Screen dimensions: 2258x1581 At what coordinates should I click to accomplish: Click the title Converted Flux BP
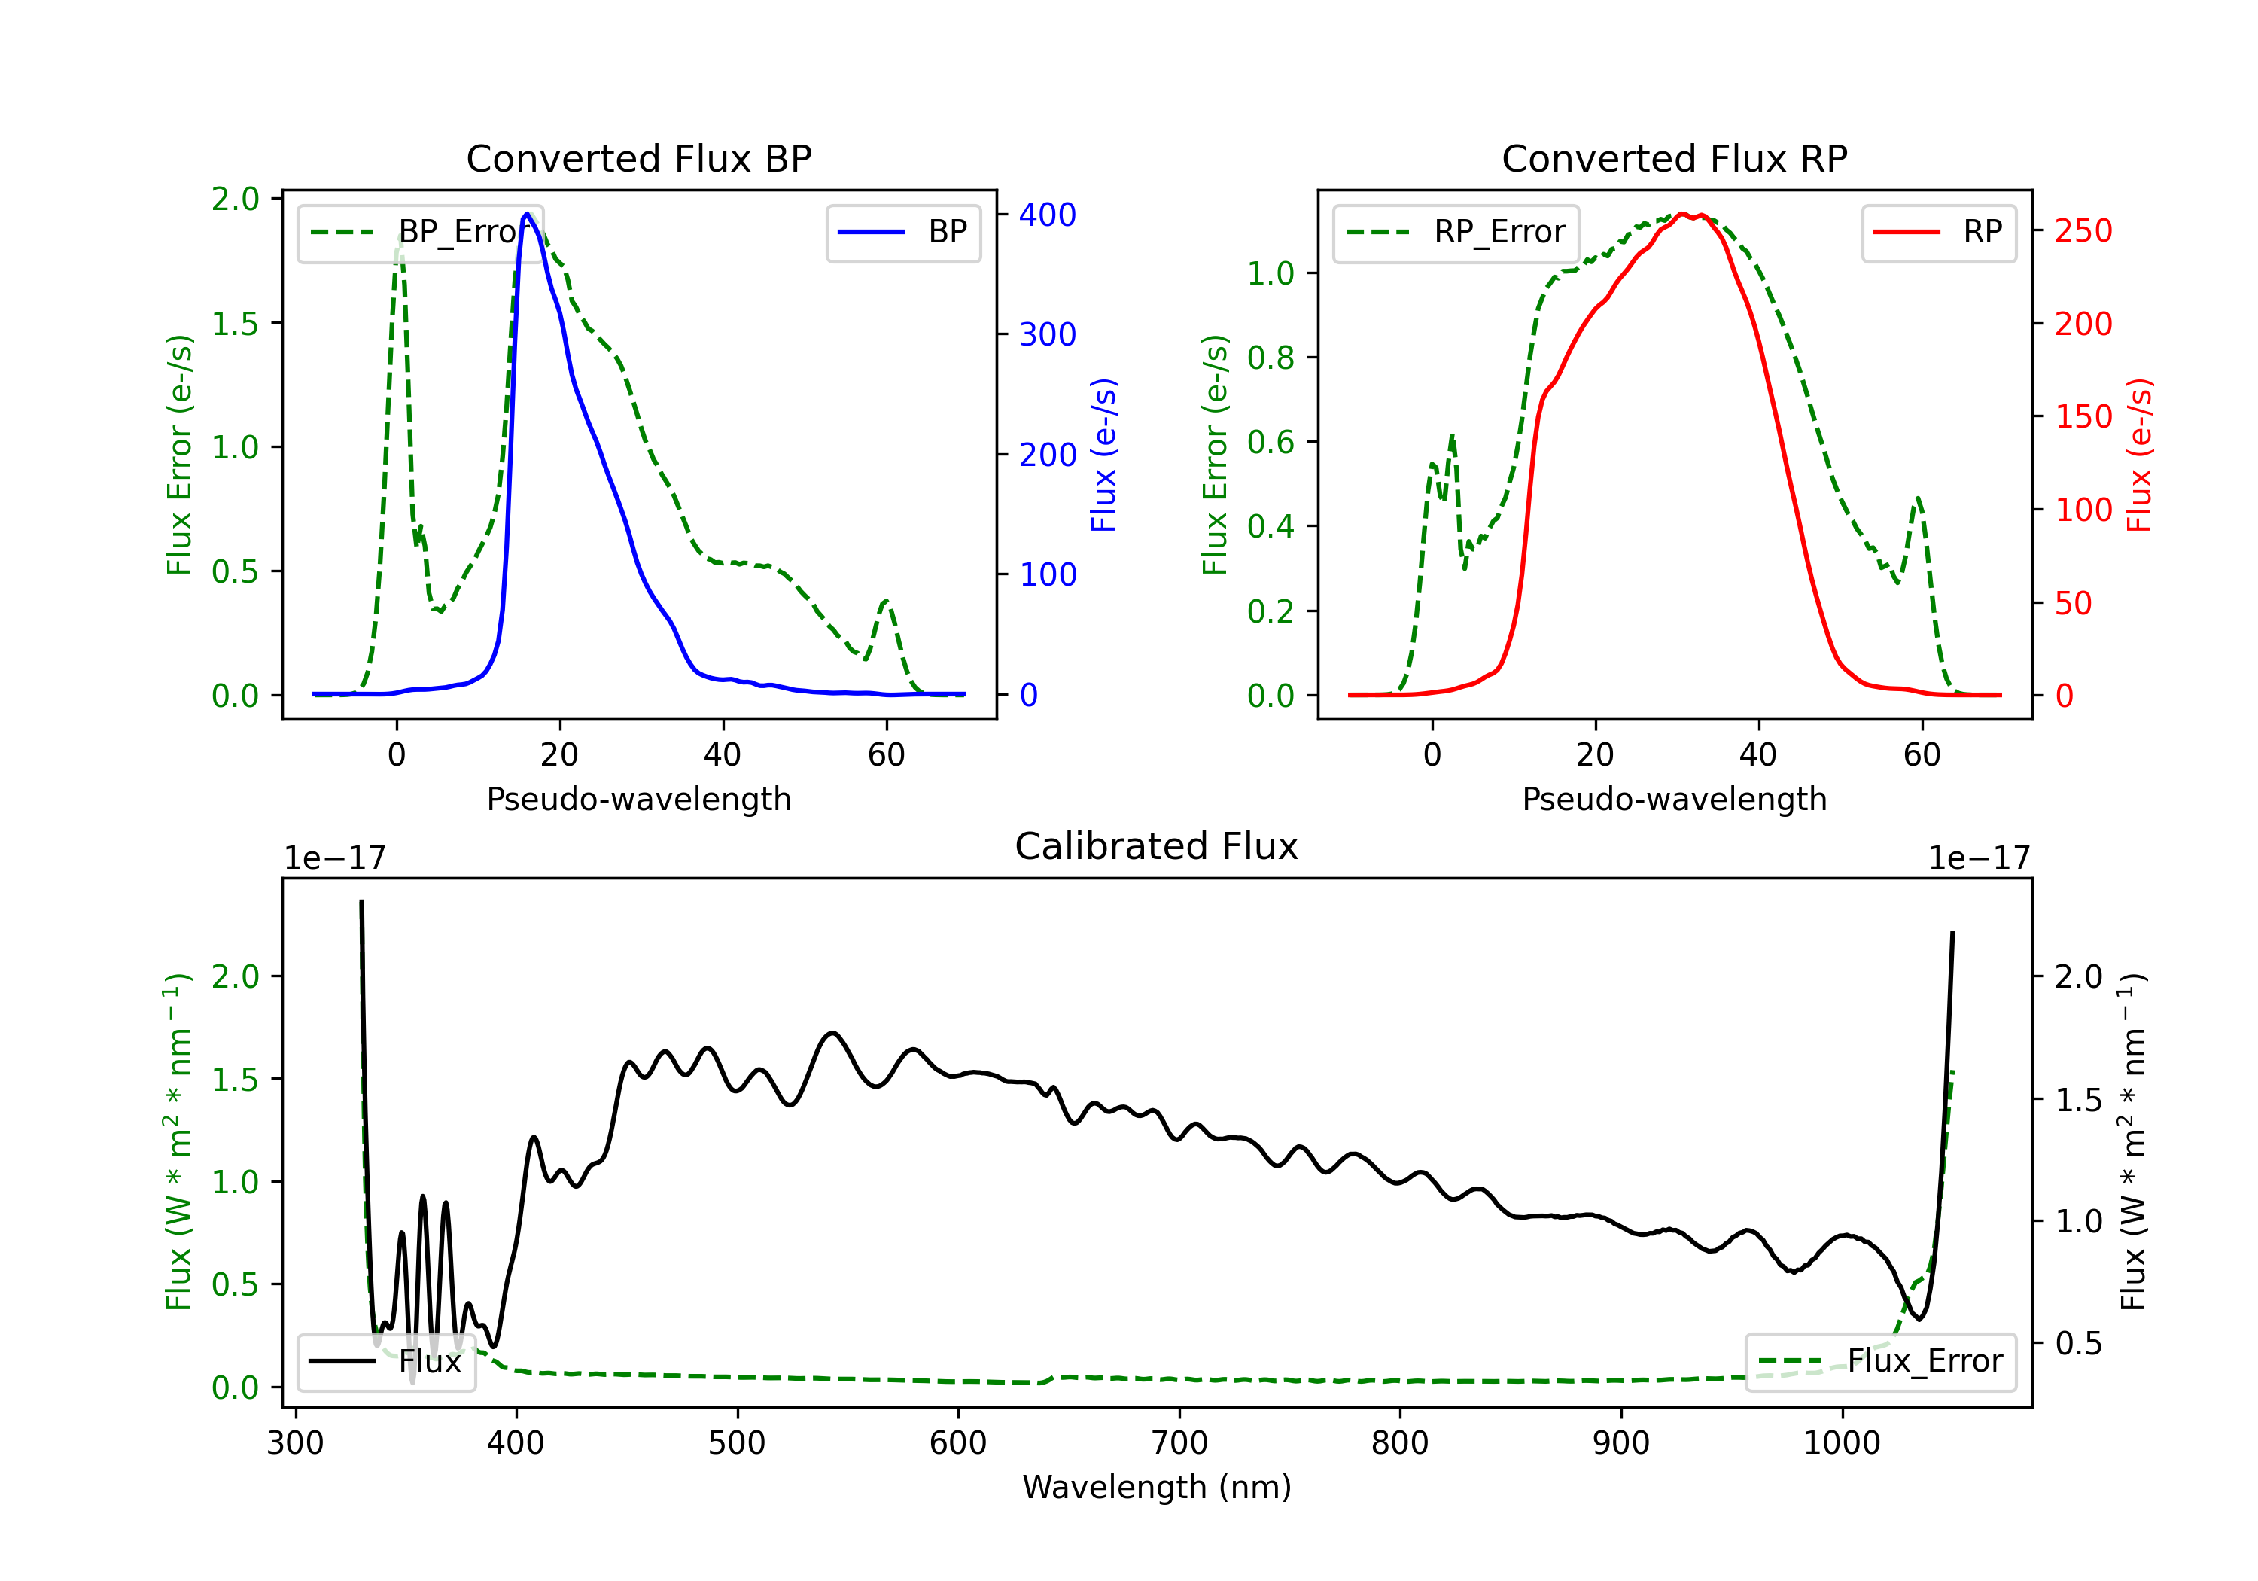point(638,158)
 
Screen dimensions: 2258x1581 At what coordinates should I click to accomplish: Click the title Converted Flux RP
point(1674,158)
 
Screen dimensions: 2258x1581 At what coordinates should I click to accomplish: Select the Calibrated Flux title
point(1157,846)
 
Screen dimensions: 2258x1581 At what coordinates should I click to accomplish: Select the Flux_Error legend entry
point(1880,1362)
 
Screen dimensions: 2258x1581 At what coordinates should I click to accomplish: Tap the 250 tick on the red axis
point(2083,231)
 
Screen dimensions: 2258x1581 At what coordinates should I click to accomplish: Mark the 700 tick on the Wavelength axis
point(1179,1443)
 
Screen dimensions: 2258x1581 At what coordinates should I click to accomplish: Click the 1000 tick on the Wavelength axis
point(1842,1443)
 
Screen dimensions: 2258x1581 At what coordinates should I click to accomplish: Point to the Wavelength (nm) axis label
point(1157,1488)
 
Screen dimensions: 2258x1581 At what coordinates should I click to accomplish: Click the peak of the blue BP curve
point(527,214)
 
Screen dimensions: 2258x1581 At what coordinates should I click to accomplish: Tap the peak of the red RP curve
point(1681,214)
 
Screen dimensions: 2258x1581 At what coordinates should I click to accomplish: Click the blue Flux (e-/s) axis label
point(1103,455)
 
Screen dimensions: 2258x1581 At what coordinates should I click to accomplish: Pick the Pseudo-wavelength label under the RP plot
point(1674,799)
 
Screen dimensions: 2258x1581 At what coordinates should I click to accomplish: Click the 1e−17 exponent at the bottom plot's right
point(1979,859)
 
